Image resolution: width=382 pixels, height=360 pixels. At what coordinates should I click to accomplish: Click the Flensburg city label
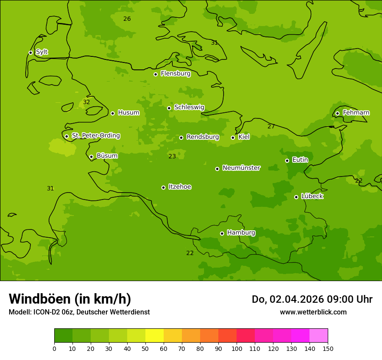click(175, 74)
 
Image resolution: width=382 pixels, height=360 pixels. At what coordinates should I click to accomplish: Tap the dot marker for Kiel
click(233, 137)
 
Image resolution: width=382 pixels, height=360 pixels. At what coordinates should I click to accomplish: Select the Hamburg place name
click(241, 233)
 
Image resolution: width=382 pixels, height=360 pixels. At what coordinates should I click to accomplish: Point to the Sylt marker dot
click(30, 52)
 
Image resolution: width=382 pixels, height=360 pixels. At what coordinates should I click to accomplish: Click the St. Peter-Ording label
click(95, 136)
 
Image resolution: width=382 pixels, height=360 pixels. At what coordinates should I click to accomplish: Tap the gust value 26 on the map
click(127, 19)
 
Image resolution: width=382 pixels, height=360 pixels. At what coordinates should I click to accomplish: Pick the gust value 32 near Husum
click(86, 102)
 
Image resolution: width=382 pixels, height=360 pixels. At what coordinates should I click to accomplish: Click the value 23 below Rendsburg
click(172, 157)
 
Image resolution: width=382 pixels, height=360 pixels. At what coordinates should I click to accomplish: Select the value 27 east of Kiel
click(271, 127)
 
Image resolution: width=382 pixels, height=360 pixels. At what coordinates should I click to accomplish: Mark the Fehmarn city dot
click(337, 113)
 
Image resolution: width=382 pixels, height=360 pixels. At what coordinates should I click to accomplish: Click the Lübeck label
click(312, 196)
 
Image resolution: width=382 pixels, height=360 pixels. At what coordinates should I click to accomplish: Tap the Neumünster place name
click(241, 168)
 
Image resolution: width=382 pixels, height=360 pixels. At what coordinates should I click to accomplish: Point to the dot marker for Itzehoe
click(163, 187)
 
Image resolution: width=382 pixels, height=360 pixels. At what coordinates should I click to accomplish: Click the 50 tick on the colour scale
click(145, 349)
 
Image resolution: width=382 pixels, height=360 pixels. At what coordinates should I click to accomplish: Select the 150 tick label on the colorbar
click(328, 349)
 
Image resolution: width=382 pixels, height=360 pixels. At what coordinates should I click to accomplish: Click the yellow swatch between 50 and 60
click(155, 336)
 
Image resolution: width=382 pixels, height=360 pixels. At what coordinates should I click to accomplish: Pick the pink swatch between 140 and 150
click(319, 336)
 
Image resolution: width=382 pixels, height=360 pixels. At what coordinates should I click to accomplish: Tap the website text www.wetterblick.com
click(313, 312)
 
